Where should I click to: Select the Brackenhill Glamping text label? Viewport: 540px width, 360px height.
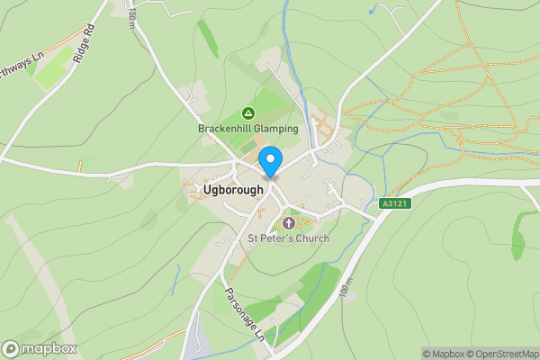[247, 129]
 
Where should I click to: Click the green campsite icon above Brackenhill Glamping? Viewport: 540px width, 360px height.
[248, 113]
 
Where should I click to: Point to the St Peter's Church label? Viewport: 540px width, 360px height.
[289, 238]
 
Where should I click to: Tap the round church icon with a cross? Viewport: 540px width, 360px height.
[289, 222]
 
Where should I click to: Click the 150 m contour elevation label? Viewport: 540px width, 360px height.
[131, 16]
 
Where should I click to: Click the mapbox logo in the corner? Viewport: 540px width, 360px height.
[40, 348]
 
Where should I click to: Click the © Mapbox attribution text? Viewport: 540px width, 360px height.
[441, 354]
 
